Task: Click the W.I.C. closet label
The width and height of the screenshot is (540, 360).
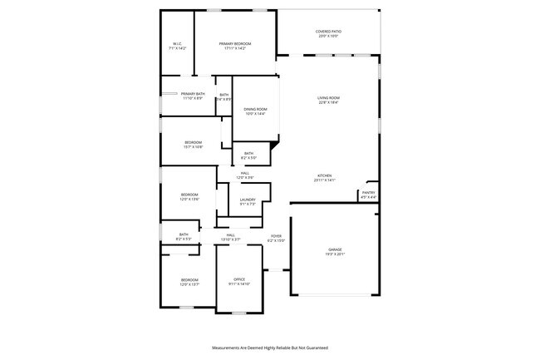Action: [x=178, y=44]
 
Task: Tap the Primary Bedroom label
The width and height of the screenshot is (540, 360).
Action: [x=235, y=43]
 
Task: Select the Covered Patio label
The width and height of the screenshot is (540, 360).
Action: [x=329, y=32]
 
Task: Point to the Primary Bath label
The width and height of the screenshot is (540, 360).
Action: [x=193, y=94]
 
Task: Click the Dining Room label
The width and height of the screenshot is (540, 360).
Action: [x=255, y=109]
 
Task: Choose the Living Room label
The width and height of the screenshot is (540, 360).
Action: [x=328, y=98]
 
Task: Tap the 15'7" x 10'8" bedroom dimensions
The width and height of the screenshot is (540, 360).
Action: [x=193, y=147]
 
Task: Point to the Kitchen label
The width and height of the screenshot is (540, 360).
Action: [x=324, y=175]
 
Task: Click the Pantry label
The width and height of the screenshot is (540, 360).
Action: [x=368, y=193]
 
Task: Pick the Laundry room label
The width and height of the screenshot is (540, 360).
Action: [x=248, y=200]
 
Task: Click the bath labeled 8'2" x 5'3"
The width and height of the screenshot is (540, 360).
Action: [x=184, y=234]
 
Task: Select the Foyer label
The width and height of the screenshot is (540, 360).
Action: [x=276, y=235]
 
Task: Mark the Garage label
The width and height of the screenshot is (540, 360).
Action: [x=335, y=249]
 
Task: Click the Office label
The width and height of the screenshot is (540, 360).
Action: [x=238, y=279]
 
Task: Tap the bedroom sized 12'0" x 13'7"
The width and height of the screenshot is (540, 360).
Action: [x=189, y=279]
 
